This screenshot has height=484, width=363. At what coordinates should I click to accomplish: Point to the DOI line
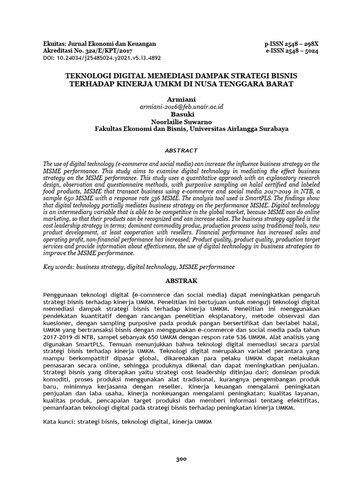(x=102, y=59)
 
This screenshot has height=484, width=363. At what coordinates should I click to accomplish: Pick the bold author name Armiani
(x=181, y=100)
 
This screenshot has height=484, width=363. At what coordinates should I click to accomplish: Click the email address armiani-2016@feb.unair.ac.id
(x=181, y=107)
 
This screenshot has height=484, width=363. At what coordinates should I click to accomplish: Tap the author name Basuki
(x=181, y=114)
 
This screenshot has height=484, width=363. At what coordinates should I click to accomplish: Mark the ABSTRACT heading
(x=181, y=150)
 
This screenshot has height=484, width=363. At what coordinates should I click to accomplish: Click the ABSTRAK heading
(x=181, y=280)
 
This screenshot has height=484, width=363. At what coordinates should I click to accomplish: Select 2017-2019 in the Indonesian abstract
(x=57, y=338)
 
